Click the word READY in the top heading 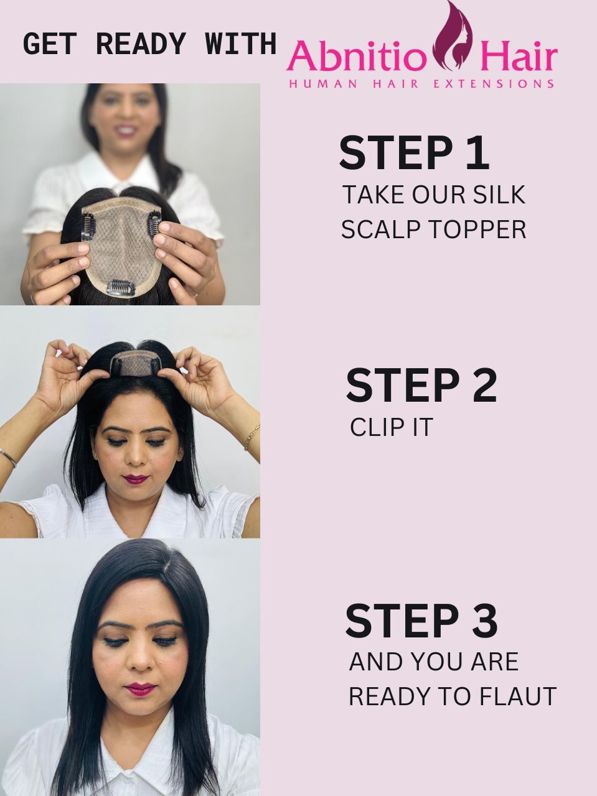(x=141, y=44)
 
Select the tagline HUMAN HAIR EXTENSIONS (x=421, y=84)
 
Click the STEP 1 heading (x=414, y=153)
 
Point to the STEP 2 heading (x=421, y=385)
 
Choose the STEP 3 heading (x=421, y=620)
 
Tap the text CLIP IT (x=392, y=427)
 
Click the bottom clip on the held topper (x=121, y=287)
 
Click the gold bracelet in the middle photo (x=252, y=437)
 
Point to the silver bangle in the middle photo (x=8, y=457)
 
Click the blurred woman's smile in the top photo (x=128, y=129)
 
